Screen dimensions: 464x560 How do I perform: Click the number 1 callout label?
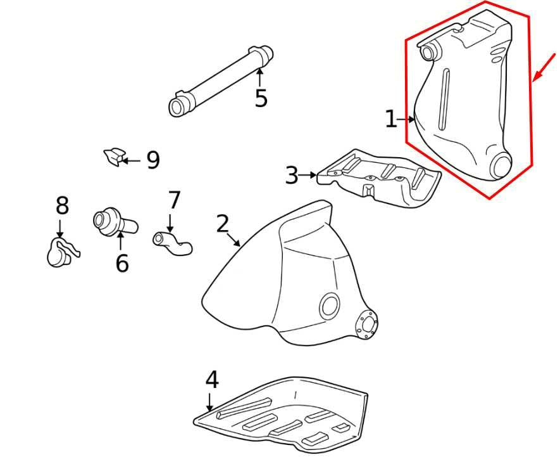point(391,119)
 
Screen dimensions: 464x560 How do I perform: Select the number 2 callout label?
point(221,224)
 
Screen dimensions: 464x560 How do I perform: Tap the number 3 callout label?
point(291,175)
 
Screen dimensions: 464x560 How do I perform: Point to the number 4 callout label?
point(211,380)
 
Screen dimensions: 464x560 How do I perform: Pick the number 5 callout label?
point(261,98)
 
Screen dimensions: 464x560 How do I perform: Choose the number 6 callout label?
point(121,262)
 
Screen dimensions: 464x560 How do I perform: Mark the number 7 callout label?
point(174,200)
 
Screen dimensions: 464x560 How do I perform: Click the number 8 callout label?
point(61,205)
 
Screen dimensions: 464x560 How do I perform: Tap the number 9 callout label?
point(152,160)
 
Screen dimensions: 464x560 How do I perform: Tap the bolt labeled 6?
point(114,223)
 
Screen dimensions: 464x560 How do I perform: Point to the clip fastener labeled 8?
point(60,251)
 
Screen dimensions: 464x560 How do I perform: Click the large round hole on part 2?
point(329,306)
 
